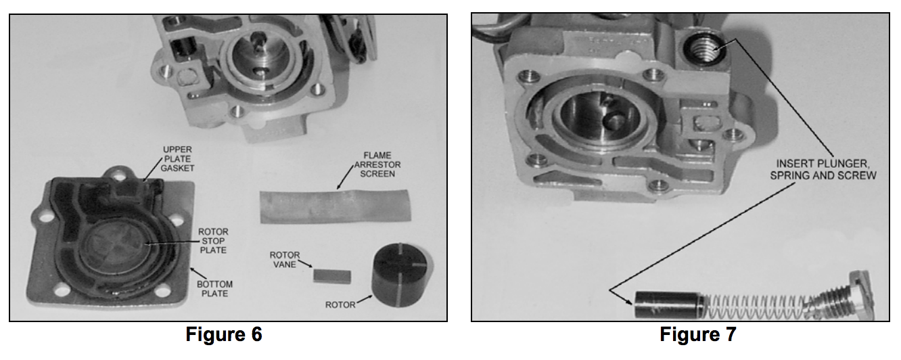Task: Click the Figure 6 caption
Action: tap(224, 334)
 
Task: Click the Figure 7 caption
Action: tap(698, 334)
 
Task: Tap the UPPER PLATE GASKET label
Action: tap(177, 159)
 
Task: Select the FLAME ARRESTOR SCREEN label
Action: tap(377, 164)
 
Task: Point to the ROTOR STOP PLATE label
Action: tap(213, 241)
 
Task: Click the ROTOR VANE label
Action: tap(284, 260)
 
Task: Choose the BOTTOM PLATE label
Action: tap(214, 289)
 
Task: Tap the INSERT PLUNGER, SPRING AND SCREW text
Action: tap(823, 169)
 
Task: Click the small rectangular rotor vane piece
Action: tap(332, 277)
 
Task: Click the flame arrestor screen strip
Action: tap(335, 206)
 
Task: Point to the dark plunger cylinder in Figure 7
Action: tap(668, 305)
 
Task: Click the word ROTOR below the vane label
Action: tap(340, 305)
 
